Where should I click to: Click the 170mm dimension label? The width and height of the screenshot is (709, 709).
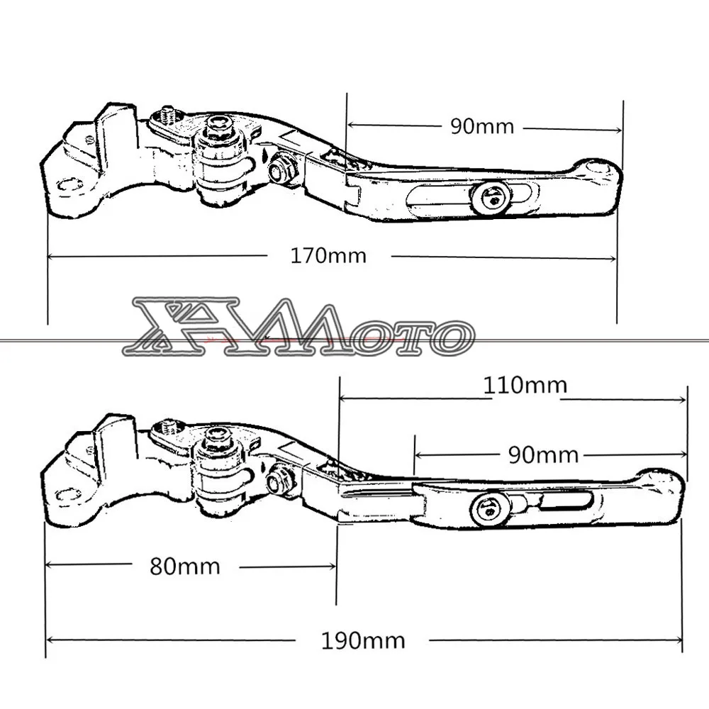click(x=328, y=256)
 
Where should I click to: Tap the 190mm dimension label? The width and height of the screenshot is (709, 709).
click(x=362, y=641)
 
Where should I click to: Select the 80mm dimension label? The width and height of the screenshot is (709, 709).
click(x=185, y=566)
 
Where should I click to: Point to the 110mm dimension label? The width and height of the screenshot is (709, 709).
click(x=525, y=385)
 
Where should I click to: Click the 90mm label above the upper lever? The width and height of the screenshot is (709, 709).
click(x=482, y=126)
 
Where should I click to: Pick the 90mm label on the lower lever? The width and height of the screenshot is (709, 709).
click(x=544, y=455)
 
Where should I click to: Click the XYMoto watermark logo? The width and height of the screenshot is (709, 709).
click(x=298, y=326)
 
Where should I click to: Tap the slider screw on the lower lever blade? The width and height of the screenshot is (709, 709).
click(x=489, y=510)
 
